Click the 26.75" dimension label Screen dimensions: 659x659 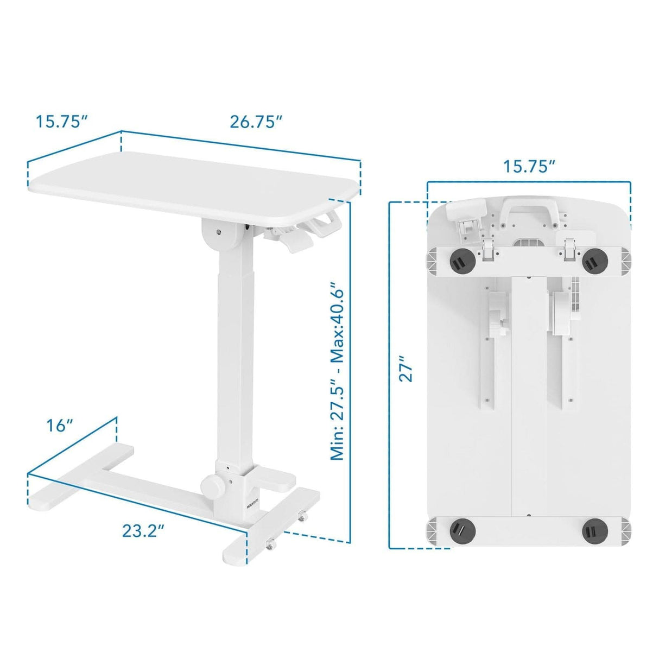coord(256,122)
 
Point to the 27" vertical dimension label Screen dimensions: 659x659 coord(407,369)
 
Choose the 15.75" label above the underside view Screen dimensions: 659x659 coord(529,166)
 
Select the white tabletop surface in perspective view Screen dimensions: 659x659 coord(190,185)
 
